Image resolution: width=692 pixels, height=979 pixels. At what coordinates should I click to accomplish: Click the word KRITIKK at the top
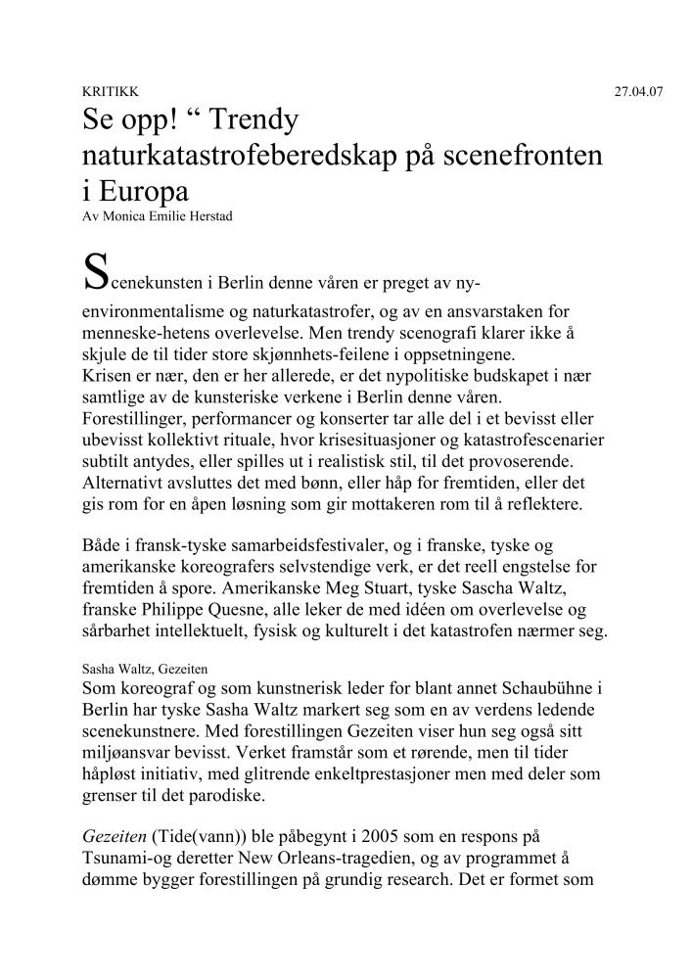point(102,92)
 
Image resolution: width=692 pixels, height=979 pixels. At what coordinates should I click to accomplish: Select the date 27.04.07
point(638,92)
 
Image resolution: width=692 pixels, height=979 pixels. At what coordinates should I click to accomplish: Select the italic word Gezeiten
point(115,838)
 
